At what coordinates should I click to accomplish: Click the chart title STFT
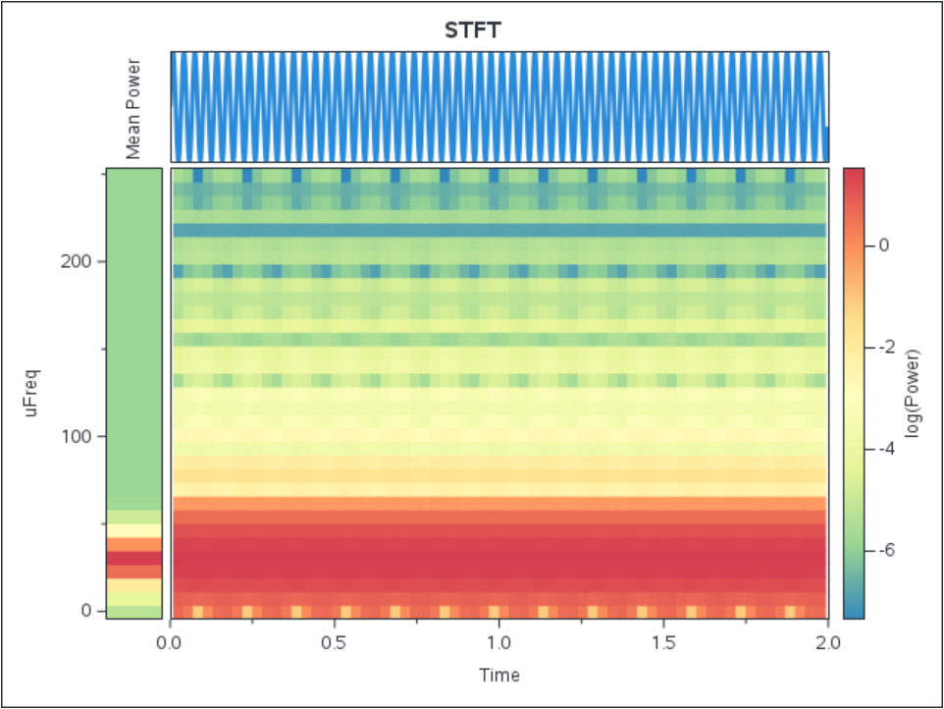click(473, 30)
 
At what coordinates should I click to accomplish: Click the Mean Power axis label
click(134, 108)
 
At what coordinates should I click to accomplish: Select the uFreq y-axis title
click(32, 392)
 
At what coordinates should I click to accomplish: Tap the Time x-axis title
click(499, 676)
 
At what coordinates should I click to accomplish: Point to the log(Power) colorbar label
click(914, 392)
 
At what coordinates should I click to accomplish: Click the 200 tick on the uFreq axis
click(81, 262)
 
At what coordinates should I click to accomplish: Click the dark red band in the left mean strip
click(133, 557)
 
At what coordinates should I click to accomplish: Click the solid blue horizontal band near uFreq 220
click(499, 231)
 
